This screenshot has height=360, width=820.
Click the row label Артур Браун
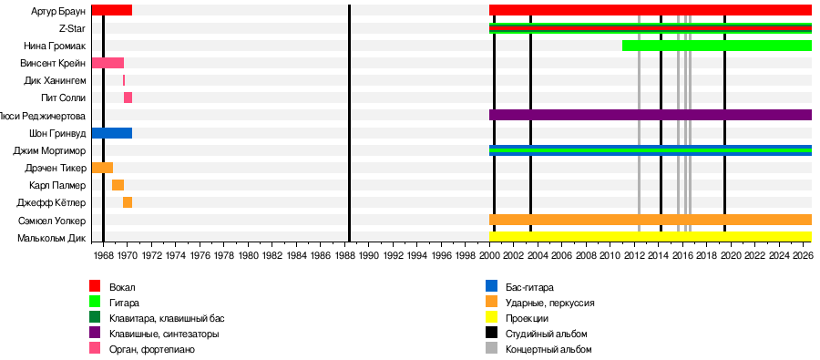coord(58,10)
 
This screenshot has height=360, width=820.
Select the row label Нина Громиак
coord(55,46)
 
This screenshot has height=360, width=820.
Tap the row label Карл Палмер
coord(57,185)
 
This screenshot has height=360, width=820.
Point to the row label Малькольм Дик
coord(51,238)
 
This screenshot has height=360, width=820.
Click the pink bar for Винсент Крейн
coord(108,63)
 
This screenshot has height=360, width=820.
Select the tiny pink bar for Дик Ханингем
coord(124,80)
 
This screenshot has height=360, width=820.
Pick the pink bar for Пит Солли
coord(128,98)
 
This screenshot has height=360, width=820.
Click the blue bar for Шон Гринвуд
coord(111,133)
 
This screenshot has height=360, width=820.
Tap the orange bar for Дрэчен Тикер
coord(102,168)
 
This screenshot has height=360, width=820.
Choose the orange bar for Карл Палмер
coord(118,185)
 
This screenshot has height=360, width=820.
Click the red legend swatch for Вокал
coord(95,285)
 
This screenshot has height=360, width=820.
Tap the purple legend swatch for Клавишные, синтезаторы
coord(95,333)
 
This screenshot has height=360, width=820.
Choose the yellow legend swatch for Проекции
coord(491,317)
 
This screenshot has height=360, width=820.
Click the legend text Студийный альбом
coord(547,334)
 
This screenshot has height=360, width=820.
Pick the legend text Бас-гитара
coord(529,287)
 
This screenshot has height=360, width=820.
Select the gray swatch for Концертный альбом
coord(491,348)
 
